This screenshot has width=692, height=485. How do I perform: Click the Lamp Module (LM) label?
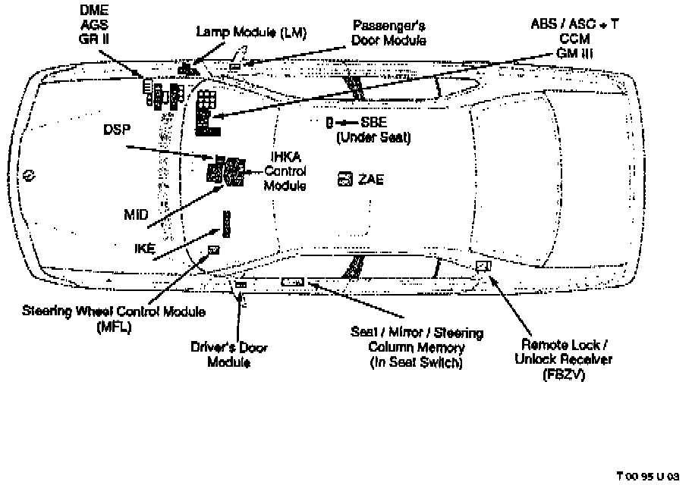click(242, 33)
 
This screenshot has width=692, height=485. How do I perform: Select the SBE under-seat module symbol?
click(330, 122)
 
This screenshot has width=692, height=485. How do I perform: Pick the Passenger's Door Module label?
click(389, 33)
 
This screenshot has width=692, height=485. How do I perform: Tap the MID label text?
click(136, 214)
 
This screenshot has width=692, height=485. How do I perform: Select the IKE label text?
click(143, 247)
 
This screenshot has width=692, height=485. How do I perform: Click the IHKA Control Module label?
click(285, 171)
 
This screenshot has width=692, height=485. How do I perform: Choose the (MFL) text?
click(114, 327)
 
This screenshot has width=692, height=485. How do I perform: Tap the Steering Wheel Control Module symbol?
click(214, 249)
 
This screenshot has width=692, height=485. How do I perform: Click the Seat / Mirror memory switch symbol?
click(293, 282)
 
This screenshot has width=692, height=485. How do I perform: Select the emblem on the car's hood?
click(27, 174)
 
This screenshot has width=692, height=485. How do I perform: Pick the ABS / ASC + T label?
click(574, 24)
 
